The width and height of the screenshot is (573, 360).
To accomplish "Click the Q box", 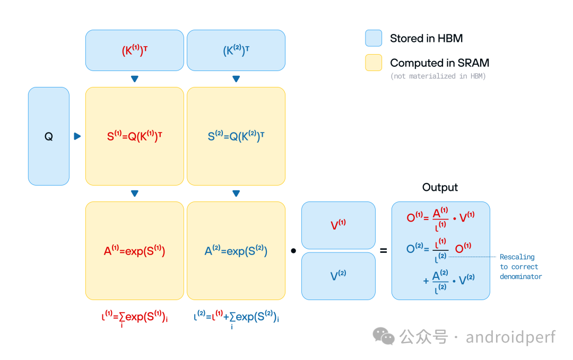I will [48, 136].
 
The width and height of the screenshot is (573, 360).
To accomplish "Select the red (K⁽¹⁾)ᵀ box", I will [134, 51].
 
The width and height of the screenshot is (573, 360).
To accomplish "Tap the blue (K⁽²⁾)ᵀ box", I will [236, 51].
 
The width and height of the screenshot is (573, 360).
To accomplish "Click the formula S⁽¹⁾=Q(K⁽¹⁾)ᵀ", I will [134, 136].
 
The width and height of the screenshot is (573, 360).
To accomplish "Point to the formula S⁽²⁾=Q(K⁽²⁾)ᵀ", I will [236, 136].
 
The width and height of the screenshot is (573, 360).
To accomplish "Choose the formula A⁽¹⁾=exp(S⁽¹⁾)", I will [134, 251].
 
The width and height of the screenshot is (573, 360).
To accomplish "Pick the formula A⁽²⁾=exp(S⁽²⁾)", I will [236, 251].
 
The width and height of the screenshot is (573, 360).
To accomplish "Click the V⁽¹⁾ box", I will [338, 225].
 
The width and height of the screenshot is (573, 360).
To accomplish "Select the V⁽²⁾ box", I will [338, 276].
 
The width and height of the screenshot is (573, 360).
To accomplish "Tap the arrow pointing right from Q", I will [77, 136].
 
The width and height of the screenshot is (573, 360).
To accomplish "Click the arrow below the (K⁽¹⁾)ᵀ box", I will [135, 79].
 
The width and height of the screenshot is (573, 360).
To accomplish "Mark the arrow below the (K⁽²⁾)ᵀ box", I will [236, 79].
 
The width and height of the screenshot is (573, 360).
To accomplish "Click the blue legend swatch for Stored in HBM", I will [374, 38].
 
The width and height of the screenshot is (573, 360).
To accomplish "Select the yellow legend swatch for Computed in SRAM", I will [374, 63].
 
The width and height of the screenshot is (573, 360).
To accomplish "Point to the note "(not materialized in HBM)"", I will [438, 76].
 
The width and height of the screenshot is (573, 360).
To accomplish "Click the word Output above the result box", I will [440, 187].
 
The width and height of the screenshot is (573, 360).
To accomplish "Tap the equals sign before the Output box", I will [383, 250].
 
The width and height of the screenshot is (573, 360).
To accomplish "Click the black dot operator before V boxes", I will [293, 251].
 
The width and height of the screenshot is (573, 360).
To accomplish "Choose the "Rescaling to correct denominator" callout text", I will [520, 267].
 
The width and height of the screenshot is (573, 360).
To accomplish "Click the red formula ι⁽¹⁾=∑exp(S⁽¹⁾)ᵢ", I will [134, 318].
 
